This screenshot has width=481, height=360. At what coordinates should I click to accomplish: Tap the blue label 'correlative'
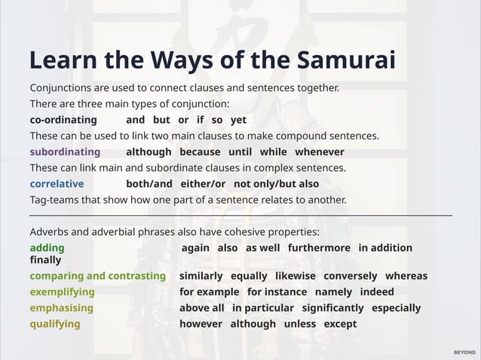[57, 184]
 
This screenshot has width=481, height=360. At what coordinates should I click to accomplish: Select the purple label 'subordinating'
[65, 152]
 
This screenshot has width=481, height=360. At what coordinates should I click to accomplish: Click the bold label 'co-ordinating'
[63, 120]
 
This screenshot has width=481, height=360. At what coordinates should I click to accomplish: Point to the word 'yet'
[238, 120]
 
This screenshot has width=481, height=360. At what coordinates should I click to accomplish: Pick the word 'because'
[200, 152]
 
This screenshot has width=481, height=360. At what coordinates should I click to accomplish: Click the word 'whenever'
[319, 152]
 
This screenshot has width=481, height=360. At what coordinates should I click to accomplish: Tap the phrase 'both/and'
[149, 184]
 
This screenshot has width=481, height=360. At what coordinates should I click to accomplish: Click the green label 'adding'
[47, 248]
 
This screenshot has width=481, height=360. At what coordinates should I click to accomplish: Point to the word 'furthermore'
[319, 248]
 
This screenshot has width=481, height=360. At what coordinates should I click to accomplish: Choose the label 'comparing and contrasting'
[97, 276]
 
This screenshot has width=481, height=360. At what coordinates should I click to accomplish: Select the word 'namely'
[333, 291]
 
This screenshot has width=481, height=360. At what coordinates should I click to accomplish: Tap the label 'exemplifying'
[62, 291]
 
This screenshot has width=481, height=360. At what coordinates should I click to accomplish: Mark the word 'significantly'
[332, 308]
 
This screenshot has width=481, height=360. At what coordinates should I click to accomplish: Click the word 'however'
[201, 324]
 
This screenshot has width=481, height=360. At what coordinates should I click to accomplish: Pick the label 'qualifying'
[55, 324]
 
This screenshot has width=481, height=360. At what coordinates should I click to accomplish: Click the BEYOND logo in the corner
[464, 352]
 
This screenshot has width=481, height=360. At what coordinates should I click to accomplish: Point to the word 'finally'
[45, 259]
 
